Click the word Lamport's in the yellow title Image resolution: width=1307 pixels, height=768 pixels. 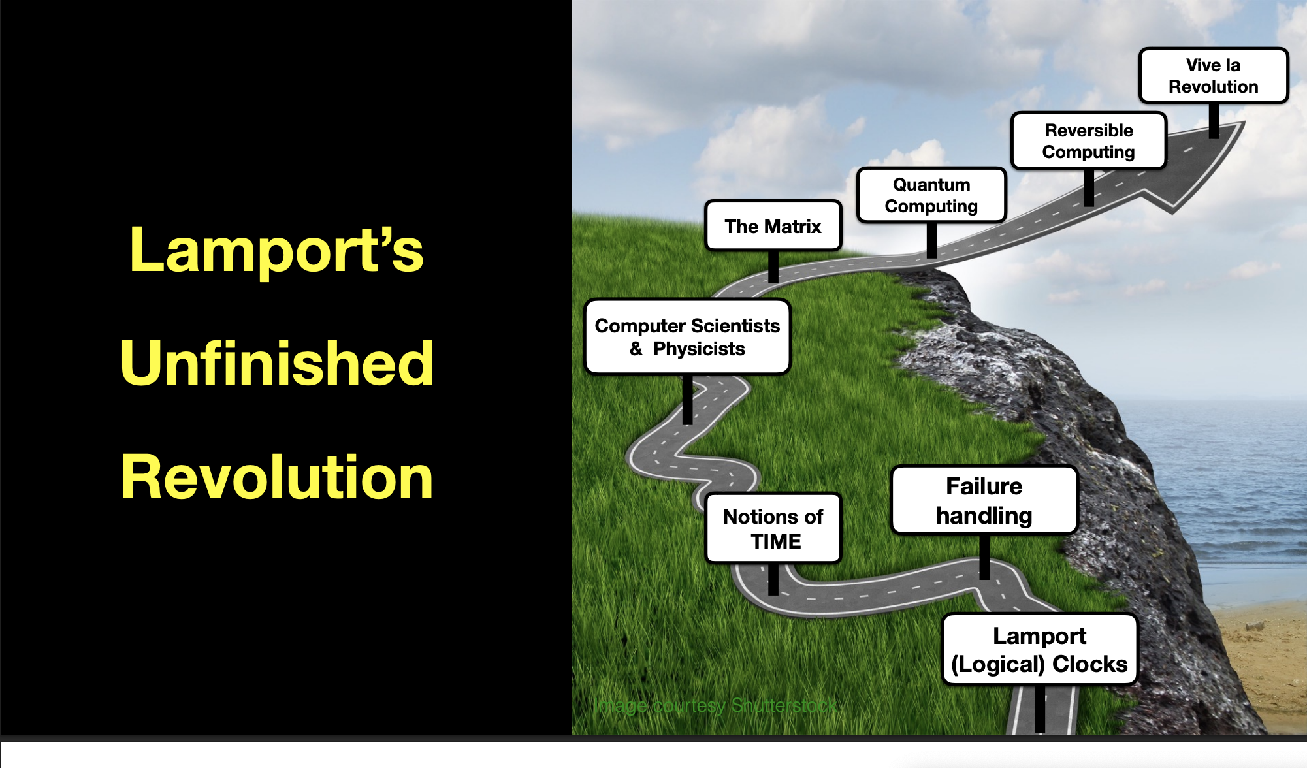(x=277, y=249)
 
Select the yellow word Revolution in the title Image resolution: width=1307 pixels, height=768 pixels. (x=277, y=477)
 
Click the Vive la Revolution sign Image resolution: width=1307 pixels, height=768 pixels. (x=1214, y=76)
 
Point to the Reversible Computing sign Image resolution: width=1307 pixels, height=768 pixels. (x=1089, y=141)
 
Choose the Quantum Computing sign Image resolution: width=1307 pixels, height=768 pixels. (x=931, y=195)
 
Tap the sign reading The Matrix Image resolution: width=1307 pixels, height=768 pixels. (x=773, y=226)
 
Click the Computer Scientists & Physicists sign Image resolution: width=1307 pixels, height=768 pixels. (x=687, y=337)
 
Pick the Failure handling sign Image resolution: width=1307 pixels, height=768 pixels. (x=984, y=500)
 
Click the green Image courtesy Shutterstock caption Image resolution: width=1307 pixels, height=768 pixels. (x=715, y=706)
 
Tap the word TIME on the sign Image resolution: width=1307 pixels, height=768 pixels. (x=776, y=541)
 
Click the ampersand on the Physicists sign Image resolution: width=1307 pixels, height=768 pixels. (x=636, y=349)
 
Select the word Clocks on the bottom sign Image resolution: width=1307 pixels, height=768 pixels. (x=1090, y=664)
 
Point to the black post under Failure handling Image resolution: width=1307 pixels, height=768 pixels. (x=984, y=557)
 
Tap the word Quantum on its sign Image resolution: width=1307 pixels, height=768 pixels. (x=931, y=185)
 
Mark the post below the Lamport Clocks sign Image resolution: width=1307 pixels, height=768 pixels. (x=1040, y=709)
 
